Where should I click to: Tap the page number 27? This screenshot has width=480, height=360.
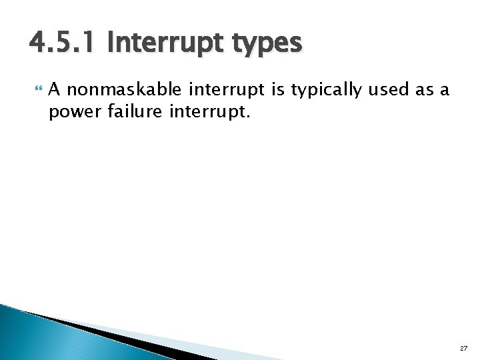point(463,347)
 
